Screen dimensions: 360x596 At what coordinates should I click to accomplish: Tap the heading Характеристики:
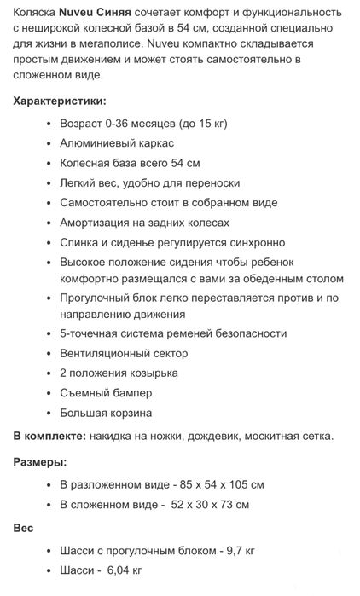point(57,101)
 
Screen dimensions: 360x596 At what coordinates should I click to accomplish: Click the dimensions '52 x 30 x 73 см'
point(208,505)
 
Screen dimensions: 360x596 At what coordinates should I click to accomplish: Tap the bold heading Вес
point(23,528)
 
